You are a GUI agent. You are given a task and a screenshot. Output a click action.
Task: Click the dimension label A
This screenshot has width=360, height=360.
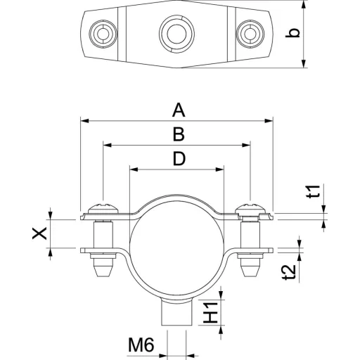pos(179,111)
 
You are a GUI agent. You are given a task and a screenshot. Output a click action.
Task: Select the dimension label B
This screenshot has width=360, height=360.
pos(179,135)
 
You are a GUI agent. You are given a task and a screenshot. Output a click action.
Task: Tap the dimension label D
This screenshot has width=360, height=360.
pos(179,159)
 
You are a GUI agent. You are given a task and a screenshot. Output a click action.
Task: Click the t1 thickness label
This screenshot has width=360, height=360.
pos(314,192)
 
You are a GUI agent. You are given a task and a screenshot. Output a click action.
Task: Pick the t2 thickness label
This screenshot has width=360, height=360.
pos(289,272)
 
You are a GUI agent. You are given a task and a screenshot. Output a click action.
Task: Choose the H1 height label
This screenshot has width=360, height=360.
pos(210,312)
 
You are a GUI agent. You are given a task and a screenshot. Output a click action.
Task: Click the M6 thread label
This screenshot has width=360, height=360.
pos(141,345)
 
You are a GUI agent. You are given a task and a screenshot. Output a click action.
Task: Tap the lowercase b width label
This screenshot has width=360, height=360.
pos(292,33)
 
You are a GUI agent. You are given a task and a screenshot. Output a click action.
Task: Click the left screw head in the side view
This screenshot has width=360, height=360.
pos(103,207)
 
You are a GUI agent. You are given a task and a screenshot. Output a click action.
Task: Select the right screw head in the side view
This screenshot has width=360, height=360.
pos(250,207)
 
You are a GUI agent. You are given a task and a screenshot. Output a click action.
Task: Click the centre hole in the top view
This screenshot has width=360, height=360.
pos(176,34)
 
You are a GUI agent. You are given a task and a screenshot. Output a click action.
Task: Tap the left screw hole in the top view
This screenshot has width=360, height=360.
pos(103,34)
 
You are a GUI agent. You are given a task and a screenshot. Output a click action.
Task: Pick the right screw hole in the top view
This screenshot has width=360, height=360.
pos(250,34)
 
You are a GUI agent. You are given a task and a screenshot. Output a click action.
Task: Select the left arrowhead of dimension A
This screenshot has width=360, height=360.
pos(84,121)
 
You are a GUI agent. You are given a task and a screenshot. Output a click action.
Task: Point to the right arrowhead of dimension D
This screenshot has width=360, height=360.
pos(219,169)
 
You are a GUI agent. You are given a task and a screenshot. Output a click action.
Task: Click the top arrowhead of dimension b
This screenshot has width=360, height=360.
pos(304,5)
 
